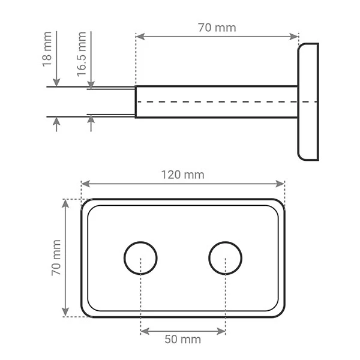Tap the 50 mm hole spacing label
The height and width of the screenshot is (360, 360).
(182, 340)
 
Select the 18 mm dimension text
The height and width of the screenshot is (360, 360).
(47, 53)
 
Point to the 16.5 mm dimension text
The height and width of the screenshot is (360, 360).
(82, 53)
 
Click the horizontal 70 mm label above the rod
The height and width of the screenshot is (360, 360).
(217, 28)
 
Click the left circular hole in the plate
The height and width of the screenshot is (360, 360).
(140, 259)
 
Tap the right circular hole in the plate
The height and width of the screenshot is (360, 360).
(226, 259)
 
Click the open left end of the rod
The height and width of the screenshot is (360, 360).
(136, 102)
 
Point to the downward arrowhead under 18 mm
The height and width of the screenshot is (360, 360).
(56, 83)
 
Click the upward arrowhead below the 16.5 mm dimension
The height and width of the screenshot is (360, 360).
(91, 121)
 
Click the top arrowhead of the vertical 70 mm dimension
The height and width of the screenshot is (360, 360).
(66, 203)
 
